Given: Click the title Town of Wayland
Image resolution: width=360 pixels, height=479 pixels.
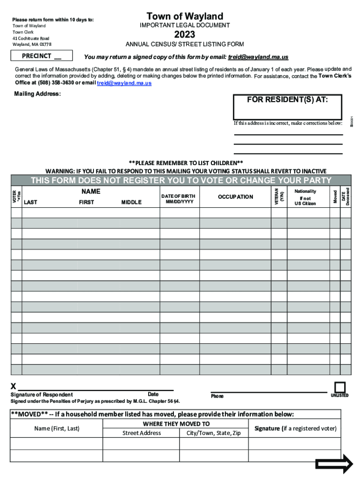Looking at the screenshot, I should [x=185, y=16].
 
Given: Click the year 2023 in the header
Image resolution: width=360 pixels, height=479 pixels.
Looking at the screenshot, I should [x=185, y=35].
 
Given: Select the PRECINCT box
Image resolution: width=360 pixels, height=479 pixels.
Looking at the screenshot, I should [x=42, y=56].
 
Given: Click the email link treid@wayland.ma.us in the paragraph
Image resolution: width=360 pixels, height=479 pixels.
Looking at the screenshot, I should [x=124, y=83].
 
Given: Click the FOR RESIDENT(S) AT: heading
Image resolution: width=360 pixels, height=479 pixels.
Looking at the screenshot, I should [x=287, y=100].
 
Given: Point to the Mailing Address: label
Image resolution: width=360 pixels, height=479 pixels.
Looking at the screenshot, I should [x=37, y=94].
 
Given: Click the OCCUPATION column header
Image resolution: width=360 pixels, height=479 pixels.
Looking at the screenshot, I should [x=235, y=197].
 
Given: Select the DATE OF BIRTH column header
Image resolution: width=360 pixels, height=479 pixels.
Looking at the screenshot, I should [x=178, y=199].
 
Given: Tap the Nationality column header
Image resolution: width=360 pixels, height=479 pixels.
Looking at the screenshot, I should [x=305, y=191].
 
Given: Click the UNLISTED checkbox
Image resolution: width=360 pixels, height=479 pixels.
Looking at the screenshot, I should [x=340, y=387].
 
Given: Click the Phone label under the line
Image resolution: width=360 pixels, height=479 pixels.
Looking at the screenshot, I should [x=217, y=396].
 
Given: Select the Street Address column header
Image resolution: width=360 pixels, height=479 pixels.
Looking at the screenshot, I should [x=142, y=433].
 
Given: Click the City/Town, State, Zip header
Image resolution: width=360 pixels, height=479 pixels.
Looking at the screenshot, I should [x=213, y=433].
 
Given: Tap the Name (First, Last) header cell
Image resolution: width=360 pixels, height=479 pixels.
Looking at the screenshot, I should [x=57, y=428].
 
